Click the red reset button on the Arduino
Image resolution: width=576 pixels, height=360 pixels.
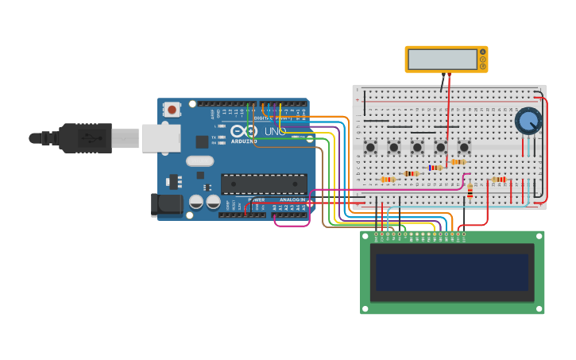pyautogui.click(x=172, y=109)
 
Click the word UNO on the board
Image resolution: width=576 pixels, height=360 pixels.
pyautogui.click(x=275, y=131)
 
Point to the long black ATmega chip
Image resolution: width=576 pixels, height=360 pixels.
pyautogui.click(x=264, y=184)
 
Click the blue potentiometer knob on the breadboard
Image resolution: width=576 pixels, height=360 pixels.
pyautogui.click(x=528, y=121)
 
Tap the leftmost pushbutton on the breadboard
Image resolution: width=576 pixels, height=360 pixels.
pyautogui.click(x=370, y=147)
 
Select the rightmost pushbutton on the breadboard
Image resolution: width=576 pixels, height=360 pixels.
pyautogui.click(x=464, y=147)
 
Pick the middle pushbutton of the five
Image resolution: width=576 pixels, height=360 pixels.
pyautogui.click(x=417, y=147)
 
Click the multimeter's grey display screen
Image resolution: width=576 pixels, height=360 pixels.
pyautogui.click(x=442, y=59)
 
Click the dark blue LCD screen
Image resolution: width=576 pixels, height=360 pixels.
pyautogui.click(x=452, y=272)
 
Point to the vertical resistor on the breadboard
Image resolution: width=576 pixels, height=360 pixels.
pyautogui.click(x=470, y=190)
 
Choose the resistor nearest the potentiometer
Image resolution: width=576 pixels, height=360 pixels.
pyautogui.click(x=499, y=180)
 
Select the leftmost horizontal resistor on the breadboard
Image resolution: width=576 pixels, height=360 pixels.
pyautogui.click(x=388, y=180)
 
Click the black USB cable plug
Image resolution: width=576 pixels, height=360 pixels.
pyautogui.click(x=83, y=137)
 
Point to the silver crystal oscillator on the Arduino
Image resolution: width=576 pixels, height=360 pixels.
pyautogui.click(x=200, y=161)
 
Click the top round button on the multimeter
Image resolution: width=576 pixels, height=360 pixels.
pyautogui.click(x=482, y=52)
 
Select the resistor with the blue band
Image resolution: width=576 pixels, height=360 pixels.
pyautogui.click(x=435, y=168)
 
